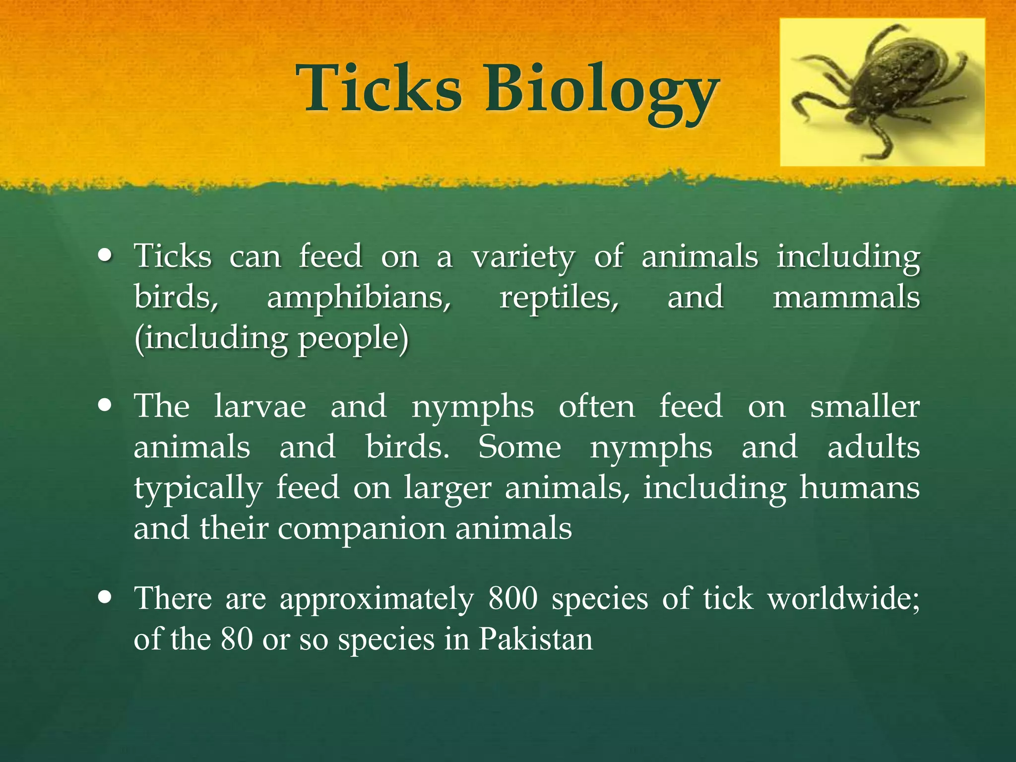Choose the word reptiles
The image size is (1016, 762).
[559, 298]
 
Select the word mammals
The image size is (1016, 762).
[846, 298]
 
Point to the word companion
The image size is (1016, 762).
[361, 528]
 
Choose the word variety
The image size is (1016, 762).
[523, 257]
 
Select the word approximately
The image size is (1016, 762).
[377, 599]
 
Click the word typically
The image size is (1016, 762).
[197, 489]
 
